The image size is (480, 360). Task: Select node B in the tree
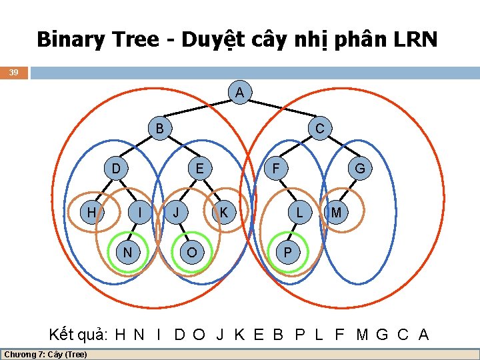pyautogui.click(x=159, y=128)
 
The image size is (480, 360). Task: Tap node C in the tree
pyautogui.click(x=320, y=128)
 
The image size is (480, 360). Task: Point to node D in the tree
pyautogui.click(x=116, y=169)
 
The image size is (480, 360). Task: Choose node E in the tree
pyautogui.click(x=199, y=169)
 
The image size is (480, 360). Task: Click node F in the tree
pyautogui.click(x=275, y=169)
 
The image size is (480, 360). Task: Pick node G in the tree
pyautogui.click(x=360, y=169)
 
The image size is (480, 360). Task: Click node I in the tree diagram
pyautogui.click(x=139, y=213)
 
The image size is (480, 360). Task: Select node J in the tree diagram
pyautogui.click(x=176, y=213)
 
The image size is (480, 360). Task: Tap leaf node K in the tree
pyautogui.click(x=225, y=213)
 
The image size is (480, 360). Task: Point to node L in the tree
pyautogui.click(x=300, y=213)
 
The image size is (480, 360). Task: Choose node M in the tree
pyautogui.click(x=337, y=213)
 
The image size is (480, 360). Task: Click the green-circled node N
pyautogui.click(x=126, y=252)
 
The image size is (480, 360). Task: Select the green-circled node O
pyautogui.click(x=192, y=252)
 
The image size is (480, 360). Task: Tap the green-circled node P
pyautogui.click(x=287, y=252)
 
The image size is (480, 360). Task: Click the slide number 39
pyautogui.click(x=14, y=72)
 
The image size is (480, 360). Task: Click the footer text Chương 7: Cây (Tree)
pyautogui.click(x=45, y=354)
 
